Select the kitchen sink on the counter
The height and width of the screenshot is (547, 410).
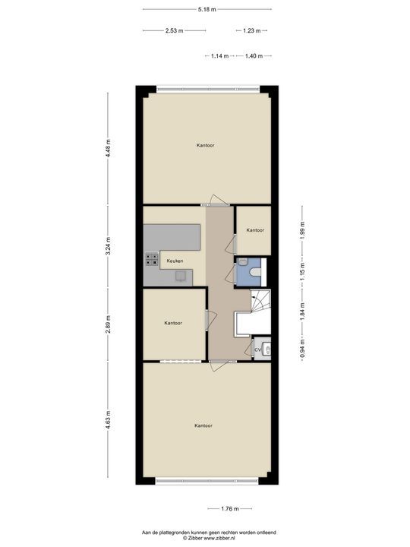pos(181,276)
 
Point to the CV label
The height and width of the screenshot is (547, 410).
pos(257,349)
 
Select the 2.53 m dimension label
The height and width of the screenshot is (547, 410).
pos(174,31)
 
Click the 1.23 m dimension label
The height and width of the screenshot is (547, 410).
pos(251,31)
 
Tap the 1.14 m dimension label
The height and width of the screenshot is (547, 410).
pos(220,56)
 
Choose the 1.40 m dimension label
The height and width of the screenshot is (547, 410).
pos(254,56)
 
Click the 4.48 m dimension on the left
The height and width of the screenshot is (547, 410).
pos(109,147)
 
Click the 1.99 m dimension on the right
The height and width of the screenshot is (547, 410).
pos(301,234)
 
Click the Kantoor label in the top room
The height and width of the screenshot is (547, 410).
pos(205,145)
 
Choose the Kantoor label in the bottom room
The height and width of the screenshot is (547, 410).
pos(203,425)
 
